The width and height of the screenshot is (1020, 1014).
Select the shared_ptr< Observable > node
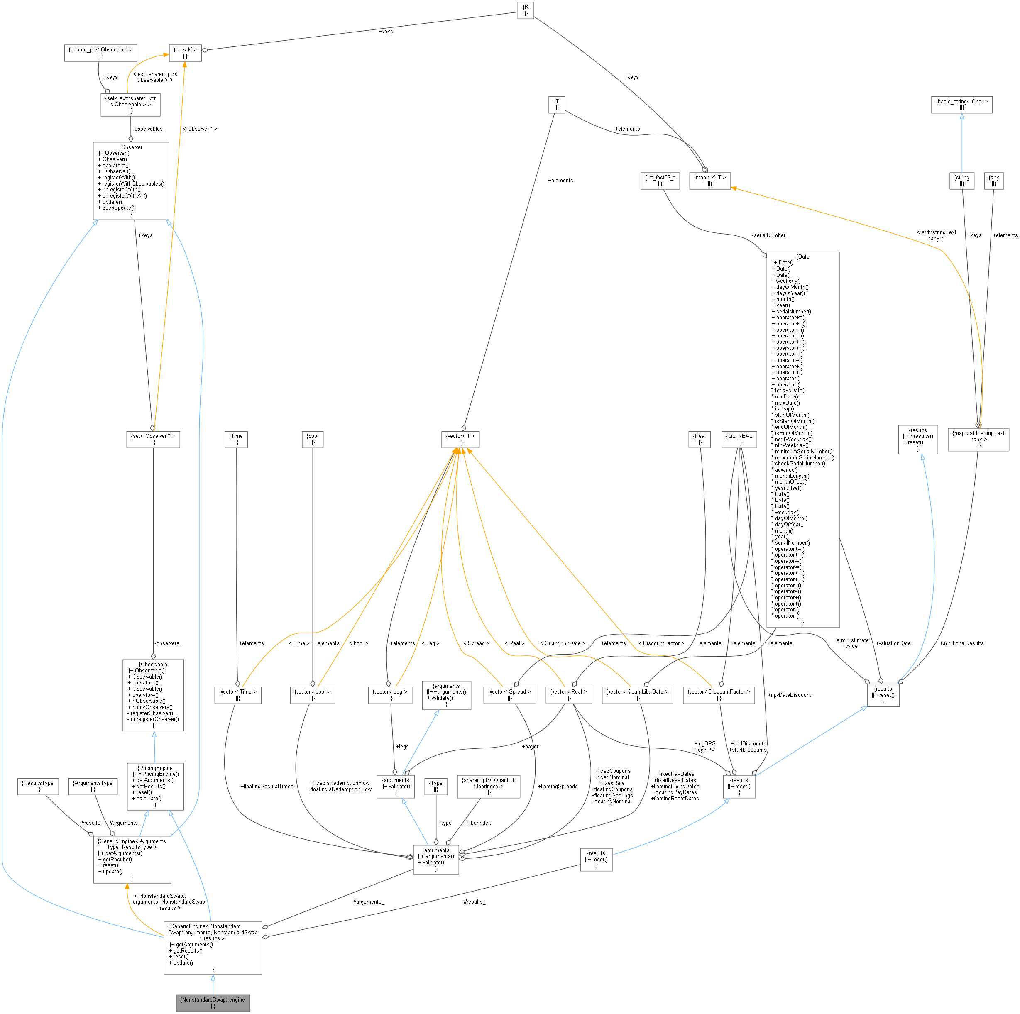click(x=100, y=53)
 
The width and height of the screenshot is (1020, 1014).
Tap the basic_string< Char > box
click(x=961, y=105)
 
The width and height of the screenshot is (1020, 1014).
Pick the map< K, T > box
click(x=709, y=181)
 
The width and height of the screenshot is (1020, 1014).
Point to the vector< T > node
click(x=460, y=439)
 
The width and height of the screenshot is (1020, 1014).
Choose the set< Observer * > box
click(x=153, y=439)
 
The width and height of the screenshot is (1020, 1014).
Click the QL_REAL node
click(x=739, y=439)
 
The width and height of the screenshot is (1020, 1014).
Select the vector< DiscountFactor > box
click(x=719, y=695)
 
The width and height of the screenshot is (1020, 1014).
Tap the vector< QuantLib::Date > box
click(x=637, y=695)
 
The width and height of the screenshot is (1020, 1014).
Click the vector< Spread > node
click(x=509, y=695)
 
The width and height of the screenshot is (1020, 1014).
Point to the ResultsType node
click(x=38, y=786)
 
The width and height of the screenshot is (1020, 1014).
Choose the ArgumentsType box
click(x=93, y=786)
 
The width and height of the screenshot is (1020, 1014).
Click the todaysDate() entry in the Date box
click(x=790, y=391)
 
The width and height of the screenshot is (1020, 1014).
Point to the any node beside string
click(x=993, y=181)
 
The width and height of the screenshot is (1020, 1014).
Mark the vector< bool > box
click(x=313, y=695)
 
